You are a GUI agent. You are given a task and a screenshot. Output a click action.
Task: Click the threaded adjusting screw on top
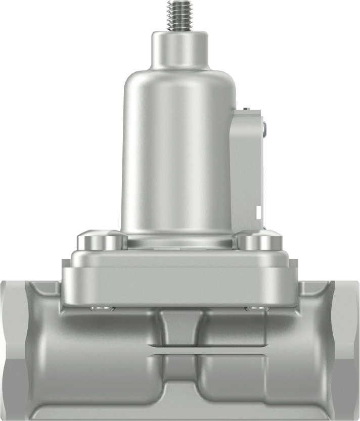click(x=181, y=15)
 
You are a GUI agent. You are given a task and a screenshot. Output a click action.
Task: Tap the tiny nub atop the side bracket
click(x=245, y=109)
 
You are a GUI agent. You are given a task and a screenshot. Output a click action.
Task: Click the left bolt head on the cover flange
click(x=100, y=241)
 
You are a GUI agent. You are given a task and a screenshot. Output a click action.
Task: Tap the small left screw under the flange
click(x=99, y=308)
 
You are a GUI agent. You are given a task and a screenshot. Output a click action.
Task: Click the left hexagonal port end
click(x=13, y=349)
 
